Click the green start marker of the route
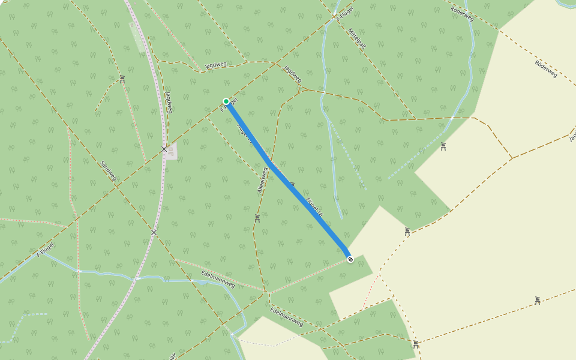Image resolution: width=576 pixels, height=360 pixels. (x=226, y=101)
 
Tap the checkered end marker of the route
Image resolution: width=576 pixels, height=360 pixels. (x=350, y=259)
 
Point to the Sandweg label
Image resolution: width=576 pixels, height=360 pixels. (x=108, y=170)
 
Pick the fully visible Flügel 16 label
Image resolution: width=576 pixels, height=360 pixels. (x=314, y=207)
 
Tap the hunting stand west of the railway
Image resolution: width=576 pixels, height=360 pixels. (x=122, y=79)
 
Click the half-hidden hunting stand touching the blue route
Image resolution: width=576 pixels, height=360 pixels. (x=292, y=184)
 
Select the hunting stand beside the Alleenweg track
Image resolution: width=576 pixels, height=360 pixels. (x=257, y=218)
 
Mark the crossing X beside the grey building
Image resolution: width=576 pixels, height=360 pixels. (x=164, y=149)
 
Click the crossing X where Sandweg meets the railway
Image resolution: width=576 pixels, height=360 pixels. (x=154, y=232)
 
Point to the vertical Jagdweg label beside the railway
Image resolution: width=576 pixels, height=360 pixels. (x=169, y=102)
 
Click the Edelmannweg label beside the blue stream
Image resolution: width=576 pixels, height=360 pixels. (x=218, y=280)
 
